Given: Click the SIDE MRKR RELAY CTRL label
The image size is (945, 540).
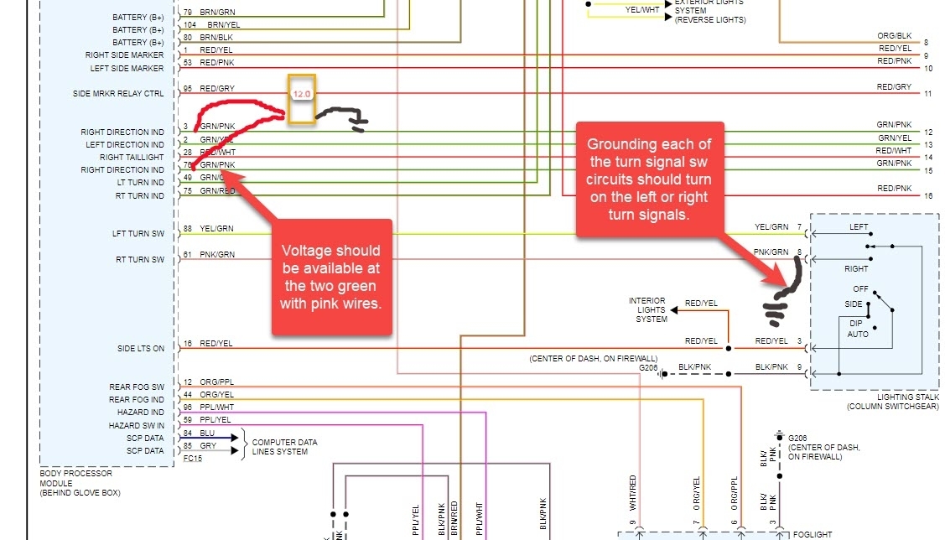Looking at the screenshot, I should coord(118,94).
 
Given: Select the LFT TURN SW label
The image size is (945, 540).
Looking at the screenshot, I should coord(138,234).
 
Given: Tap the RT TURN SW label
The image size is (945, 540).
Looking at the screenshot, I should coord(140,260).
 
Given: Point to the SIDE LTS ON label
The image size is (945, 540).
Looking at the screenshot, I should coord(141,348).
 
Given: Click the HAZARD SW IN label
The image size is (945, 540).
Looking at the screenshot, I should coord(136,425).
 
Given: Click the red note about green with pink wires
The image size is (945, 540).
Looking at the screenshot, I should coord(330,276).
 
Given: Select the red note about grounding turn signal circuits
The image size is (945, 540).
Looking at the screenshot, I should coord(649,179).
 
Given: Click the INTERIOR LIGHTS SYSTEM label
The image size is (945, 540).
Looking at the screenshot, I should coord(647,310).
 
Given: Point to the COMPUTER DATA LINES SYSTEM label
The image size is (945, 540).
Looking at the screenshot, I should coord(285,447).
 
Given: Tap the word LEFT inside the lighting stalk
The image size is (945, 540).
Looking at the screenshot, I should coord(859,226).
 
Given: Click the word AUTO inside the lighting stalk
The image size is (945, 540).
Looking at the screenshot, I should coord(858,335).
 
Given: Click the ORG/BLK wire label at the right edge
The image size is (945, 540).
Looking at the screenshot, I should coord(894,36).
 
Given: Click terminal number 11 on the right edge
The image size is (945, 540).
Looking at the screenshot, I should coord(927,94).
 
